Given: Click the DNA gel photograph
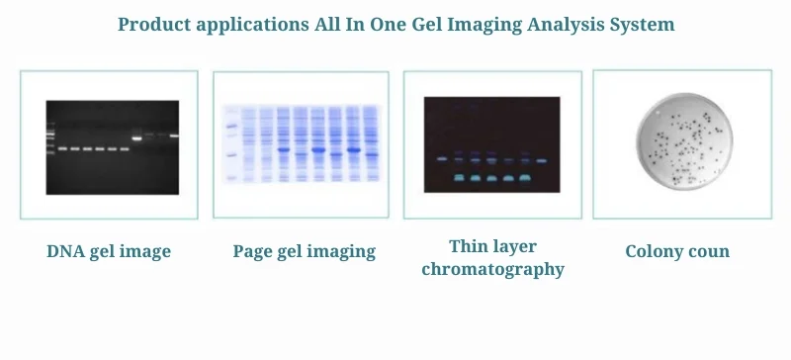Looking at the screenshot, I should [112, 146].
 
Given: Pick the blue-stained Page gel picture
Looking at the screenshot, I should [302, 145].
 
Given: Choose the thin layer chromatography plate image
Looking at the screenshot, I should [491, 144].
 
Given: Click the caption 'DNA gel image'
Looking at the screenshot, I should [109, 251].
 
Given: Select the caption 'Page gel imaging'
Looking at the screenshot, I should [304, 251].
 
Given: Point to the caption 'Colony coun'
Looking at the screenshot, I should [677, 251].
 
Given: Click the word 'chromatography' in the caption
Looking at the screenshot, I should [492, 269].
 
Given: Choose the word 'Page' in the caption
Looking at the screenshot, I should [253, 251].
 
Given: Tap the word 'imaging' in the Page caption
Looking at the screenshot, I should [343, 251].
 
